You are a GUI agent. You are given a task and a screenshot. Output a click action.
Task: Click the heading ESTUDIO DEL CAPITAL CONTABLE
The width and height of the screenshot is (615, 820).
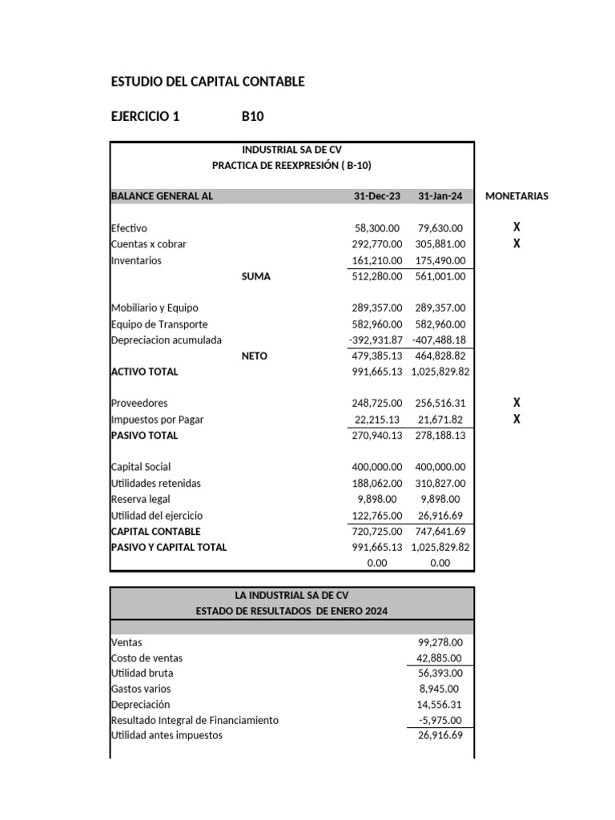(x=207, y=82)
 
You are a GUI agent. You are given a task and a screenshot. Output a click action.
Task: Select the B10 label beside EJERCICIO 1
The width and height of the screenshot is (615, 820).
(x=252, y=117)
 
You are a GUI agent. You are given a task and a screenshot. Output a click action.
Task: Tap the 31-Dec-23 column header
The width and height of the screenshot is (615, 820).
(x=377, y=196)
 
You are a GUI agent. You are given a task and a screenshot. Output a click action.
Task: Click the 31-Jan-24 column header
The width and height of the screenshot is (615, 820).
(x=440, y=196)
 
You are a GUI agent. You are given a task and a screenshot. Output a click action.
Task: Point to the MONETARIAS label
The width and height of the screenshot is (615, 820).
(x=517, y=196)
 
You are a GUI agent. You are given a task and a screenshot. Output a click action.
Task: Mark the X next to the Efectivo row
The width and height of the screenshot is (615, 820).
(x=517, y=228)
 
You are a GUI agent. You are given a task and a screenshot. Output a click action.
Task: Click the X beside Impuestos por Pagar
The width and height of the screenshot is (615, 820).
(x=517, y=420)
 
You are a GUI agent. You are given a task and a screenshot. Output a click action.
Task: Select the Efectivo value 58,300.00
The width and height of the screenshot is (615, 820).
(x=376, y=228)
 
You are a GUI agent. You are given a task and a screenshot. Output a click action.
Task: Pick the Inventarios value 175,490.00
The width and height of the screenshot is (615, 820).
(x=440, y=260)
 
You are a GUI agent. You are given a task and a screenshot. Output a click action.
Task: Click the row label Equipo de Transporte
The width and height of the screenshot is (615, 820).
(x=159, y=324)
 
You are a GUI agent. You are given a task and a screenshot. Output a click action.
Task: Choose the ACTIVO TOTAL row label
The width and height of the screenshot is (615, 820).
(x=144, y=372)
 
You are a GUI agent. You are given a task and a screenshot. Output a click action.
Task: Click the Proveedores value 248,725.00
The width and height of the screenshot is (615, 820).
(x=376, y=404)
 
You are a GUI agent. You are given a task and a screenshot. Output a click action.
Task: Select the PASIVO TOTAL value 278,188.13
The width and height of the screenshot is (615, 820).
(x=440, y=436)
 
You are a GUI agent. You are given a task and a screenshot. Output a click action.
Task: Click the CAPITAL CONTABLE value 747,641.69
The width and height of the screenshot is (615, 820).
(x=440, y=531)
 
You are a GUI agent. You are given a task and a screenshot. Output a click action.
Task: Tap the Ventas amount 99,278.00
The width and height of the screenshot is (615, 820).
(x=440, y=642)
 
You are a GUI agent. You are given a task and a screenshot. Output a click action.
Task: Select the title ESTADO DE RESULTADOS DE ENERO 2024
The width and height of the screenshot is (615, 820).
(x=291, y=612)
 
